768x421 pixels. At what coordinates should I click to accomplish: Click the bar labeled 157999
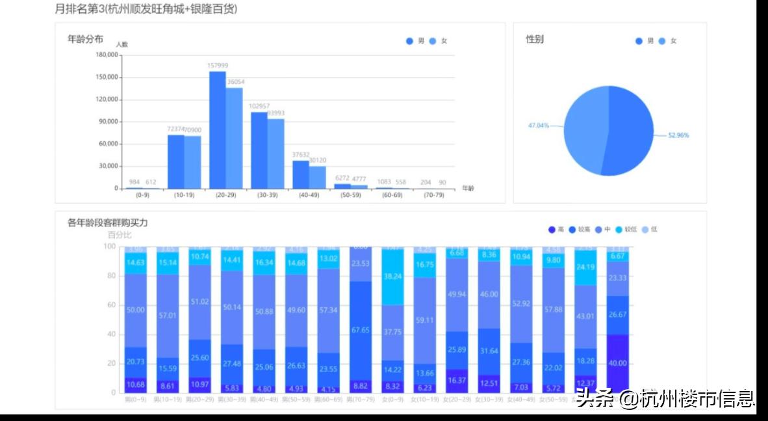217,130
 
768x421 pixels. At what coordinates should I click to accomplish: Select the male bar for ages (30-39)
259,150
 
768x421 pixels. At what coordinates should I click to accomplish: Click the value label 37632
300,154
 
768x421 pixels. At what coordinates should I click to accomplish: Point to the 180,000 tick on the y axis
107,55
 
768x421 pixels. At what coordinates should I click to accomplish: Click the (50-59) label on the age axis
351,195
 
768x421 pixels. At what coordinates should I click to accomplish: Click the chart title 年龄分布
85,39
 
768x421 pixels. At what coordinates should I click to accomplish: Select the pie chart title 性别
535,39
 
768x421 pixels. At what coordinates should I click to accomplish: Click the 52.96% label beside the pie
678,135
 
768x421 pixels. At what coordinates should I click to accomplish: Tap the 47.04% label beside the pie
539,125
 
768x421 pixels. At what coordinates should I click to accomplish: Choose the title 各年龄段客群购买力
108,223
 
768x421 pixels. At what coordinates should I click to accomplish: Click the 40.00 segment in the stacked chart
617,363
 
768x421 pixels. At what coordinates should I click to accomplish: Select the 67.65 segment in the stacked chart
361,330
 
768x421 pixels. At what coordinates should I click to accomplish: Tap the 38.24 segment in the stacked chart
392,276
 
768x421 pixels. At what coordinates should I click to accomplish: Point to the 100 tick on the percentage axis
109,247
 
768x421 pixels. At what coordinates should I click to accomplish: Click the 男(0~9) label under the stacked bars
136,399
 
